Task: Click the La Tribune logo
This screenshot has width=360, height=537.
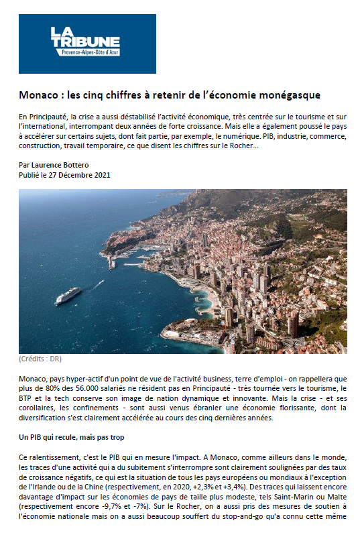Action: tap(86, 44)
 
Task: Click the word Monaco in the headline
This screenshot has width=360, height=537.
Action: tap(38, 95)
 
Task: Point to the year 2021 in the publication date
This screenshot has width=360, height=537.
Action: tap(101, 175)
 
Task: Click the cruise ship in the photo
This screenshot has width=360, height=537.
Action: tap(68, 295)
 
